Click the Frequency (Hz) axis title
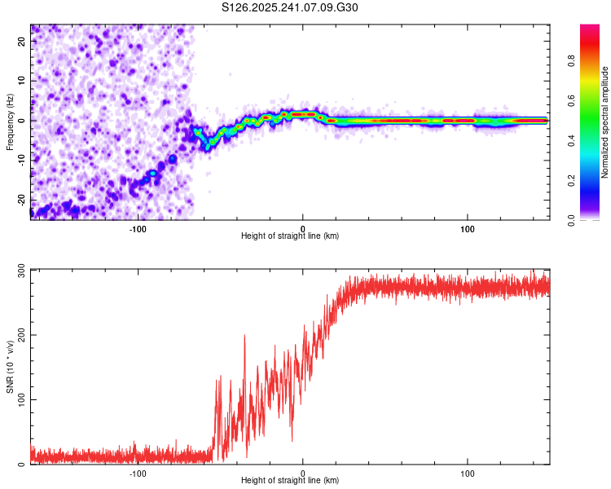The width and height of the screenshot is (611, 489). point(10,122)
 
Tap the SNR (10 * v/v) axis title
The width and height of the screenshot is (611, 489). point(10,367)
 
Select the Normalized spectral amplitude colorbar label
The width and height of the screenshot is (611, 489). point(604,122)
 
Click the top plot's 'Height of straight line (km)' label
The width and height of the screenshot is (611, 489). point(290,236)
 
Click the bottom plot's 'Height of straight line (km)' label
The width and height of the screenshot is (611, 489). point(290,480)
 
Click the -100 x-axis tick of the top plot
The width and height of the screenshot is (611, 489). point(138,228)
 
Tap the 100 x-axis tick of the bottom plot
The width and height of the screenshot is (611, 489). point(468,473)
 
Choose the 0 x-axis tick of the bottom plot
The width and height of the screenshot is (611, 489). point(303,473)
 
